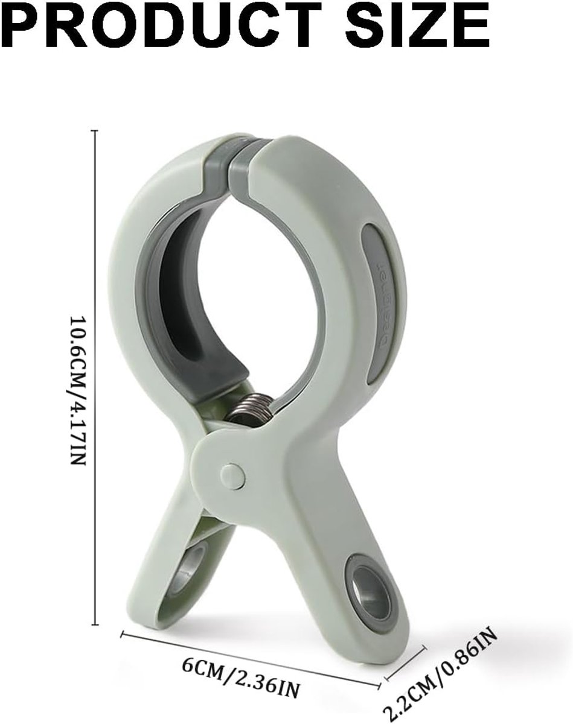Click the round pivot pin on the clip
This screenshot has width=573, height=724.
click(x=232, y=474)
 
